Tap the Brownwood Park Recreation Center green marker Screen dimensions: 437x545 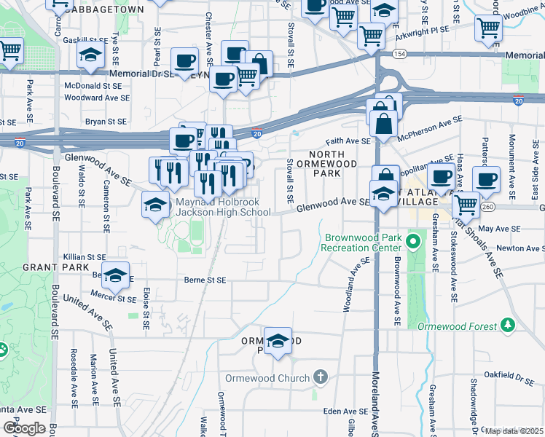coord(415,240)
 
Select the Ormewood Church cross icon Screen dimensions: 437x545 coord(319,377)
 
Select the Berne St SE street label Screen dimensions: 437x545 coord(205,280)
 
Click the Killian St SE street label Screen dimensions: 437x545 coord(85,257)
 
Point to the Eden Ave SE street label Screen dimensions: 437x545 coord(343,412)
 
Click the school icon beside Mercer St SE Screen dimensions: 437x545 coord(114,276)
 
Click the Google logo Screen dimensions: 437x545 coord(24,428)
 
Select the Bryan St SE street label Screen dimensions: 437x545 coord(106,122)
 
